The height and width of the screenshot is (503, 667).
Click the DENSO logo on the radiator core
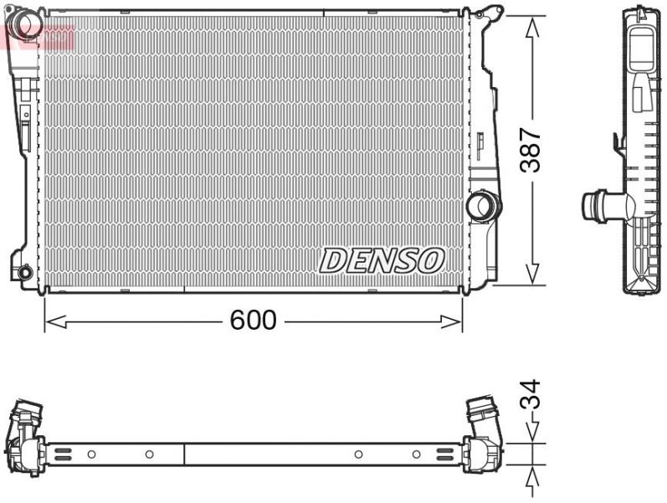[381, 261]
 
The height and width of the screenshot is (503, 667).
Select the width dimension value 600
[254, 320]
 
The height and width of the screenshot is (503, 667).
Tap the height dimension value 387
[531, 151]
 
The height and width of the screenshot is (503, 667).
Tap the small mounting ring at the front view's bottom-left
[24, 271]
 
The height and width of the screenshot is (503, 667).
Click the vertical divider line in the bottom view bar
[183, 454]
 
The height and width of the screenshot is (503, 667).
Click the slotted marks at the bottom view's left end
[64, 454]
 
